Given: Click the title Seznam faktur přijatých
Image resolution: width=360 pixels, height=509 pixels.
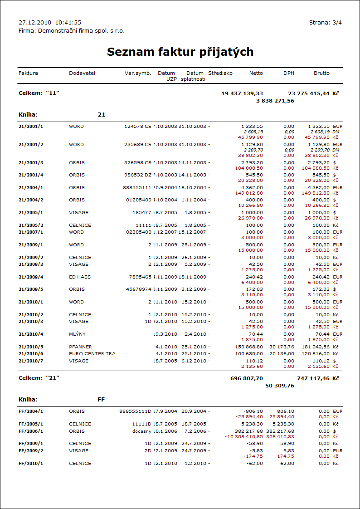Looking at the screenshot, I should pos(180,52).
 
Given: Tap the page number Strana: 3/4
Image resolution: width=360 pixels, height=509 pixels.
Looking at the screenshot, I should pos(325,22).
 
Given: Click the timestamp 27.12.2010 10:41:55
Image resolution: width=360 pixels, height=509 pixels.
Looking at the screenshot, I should pos(50,22).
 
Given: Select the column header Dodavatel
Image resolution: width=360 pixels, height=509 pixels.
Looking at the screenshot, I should pos(82,73).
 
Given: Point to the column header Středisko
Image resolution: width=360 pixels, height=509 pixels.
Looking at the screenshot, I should pos(220,73).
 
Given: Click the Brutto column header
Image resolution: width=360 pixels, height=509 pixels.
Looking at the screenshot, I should pos(321,73).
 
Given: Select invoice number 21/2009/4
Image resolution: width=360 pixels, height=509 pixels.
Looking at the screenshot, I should pos(31,277).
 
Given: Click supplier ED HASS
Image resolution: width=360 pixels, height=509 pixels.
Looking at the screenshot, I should pos(79,277).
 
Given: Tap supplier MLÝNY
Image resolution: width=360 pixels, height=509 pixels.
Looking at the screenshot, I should pos(77,334).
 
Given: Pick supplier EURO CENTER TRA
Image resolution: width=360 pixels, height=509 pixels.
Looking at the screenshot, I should pos(92,354).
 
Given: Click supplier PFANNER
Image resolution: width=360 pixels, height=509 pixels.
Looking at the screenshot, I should pos(81,347).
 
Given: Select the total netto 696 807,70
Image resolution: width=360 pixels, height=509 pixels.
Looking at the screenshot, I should pos(247,378).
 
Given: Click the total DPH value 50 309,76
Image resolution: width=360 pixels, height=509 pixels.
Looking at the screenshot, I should pos(280,386).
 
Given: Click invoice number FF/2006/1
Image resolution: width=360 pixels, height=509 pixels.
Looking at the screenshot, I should pos(31,431).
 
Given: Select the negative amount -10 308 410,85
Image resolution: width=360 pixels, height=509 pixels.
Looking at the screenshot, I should pos(244,437).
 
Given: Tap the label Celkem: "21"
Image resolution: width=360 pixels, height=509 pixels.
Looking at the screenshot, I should pos(39,378).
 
